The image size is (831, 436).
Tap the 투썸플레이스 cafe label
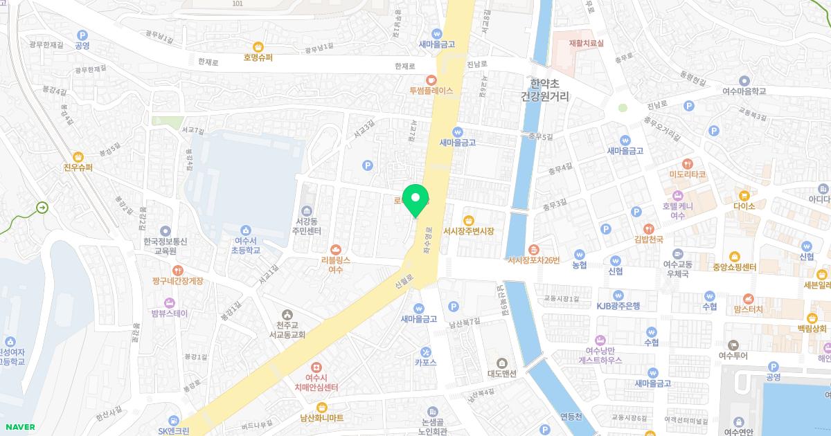click(x=431, y=90)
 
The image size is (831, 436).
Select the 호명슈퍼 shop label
click(x=258, y=57)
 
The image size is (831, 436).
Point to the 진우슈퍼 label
click(x=78, y=167)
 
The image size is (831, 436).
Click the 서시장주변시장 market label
click(x=468, y=230)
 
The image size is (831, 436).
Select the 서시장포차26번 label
click(x=533, y=260)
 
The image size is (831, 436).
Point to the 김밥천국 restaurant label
click(x=649, y=239)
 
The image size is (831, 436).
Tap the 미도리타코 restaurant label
click(x=687, y=174)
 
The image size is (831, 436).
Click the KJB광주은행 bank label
click(x=618, y=305)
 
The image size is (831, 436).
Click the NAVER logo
click(x=19, y=427)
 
